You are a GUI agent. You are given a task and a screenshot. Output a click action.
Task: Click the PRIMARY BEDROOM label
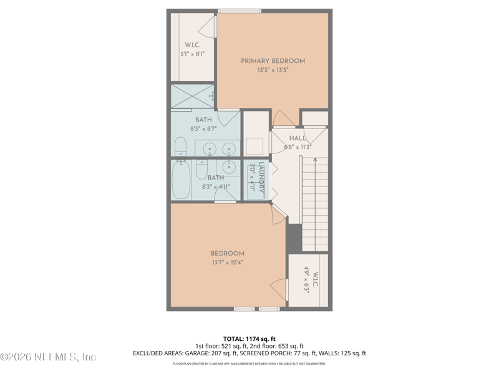(273, 61)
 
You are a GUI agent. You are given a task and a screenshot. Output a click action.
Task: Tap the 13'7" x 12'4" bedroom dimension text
(226, 262)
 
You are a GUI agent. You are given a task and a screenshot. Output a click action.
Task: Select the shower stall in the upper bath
(193, 96)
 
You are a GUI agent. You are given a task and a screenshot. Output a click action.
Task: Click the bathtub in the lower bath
(181, 181)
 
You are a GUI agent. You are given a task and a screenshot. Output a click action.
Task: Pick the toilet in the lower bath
(201, 170)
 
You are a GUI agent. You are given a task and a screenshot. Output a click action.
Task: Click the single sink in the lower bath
(229, 166)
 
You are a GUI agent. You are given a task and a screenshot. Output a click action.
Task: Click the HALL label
(298, 139)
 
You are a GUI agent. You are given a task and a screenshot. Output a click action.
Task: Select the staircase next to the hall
(314, 203)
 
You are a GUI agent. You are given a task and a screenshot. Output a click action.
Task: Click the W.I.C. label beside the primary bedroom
(191, 45)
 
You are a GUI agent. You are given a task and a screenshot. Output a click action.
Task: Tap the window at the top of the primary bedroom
(240, 10)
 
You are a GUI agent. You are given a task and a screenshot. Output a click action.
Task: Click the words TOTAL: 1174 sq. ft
(249, 338)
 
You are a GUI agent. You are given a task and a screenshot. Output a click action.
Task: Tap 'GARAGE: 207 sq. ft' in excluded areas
(209, 353)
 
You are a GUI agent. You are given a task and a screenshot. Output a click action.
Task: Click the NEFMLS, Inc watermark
(48, 357)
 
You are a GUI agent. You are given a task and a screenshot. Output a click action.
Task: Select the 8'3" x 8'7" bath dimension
(203, 129)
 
